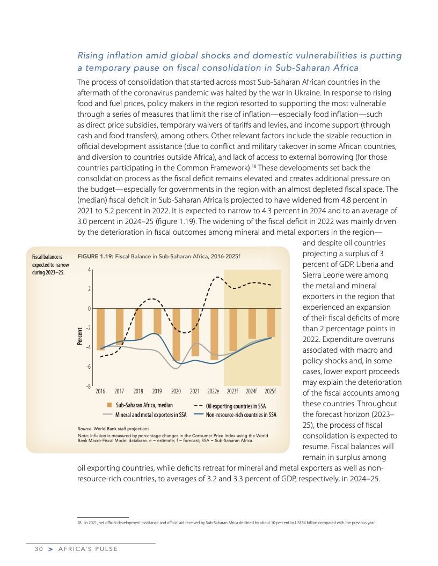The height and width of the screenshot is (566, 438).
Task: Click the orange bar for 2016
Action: click(100, 329)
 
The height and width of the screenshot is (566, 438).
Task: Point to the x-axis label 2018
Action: click(138, 391)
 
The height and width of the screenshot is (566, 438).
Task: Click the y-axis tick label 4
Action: click(90, 270)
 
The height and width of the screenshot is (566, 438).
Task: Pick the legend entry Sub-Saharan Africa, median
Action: click(144, 405)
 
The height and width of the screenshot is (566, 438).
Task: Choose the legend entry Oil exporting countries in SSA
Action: click(236, 406)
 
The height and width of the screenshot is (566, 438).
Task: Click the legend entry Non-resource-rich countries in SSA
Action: click(241, 415)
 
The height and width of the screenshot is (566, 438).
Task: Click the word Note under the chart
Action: click(84, 436)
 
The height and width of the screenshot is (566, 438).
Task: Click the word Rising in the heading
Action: click(92, 56)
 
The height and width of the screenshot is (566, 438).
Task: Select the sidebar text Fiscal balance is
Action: click(48, 257)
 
